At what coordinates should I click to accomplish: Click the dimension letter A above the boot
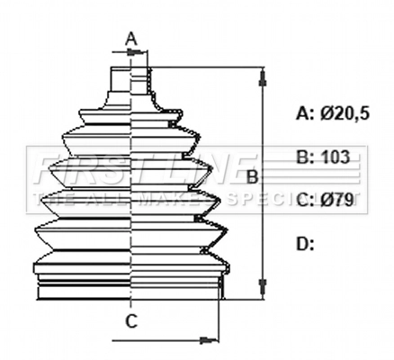(130, 38)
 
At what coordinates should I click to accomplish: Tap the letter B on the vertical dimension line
(253, 176)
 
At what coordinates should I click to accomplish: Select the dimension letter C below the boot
(130, 319)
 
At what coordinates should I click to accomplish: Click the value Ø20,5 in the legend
(348, 112)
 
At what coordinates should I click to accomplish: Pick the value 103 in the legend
(335, 157)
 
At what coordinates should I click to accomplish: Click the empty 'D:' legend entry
(305, 243)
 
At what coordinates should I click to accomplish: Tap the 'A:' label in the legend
(305, 112)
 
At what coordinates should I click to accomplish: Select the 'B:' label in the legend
(305, 157)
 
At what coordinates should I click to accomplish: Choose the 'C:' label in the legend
(305, 200)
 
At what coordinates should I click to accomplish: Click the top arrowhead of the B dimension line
(262, 74)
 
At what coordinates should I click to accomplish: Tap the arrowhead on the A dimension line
(141, 53)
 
